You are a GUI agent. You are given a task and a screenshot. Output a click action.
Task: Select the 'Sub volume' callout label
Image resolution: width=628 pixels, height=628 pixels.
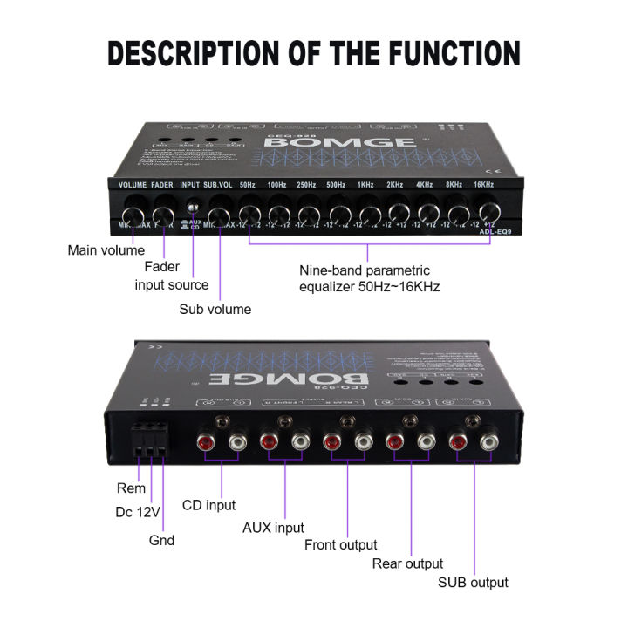215,309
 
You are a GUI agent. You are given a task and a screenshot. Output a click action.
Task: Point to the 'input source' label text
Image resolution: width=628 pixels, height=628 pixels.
172,284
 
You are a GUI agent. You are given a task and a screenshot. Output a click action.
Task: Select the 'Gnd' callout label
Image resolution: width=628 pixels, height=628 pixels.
161,540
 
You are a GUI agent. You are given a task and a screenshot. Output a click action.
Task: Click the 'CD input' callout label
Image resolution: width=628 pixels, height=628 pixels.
208,504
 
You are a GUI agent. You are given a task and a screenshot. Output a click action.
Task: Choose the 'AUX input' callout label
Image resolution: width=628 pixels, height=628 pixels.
273,527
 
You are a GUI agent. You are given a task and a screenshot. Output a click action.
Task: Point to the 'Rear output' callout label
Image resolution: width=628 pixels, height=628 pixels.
407,563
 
